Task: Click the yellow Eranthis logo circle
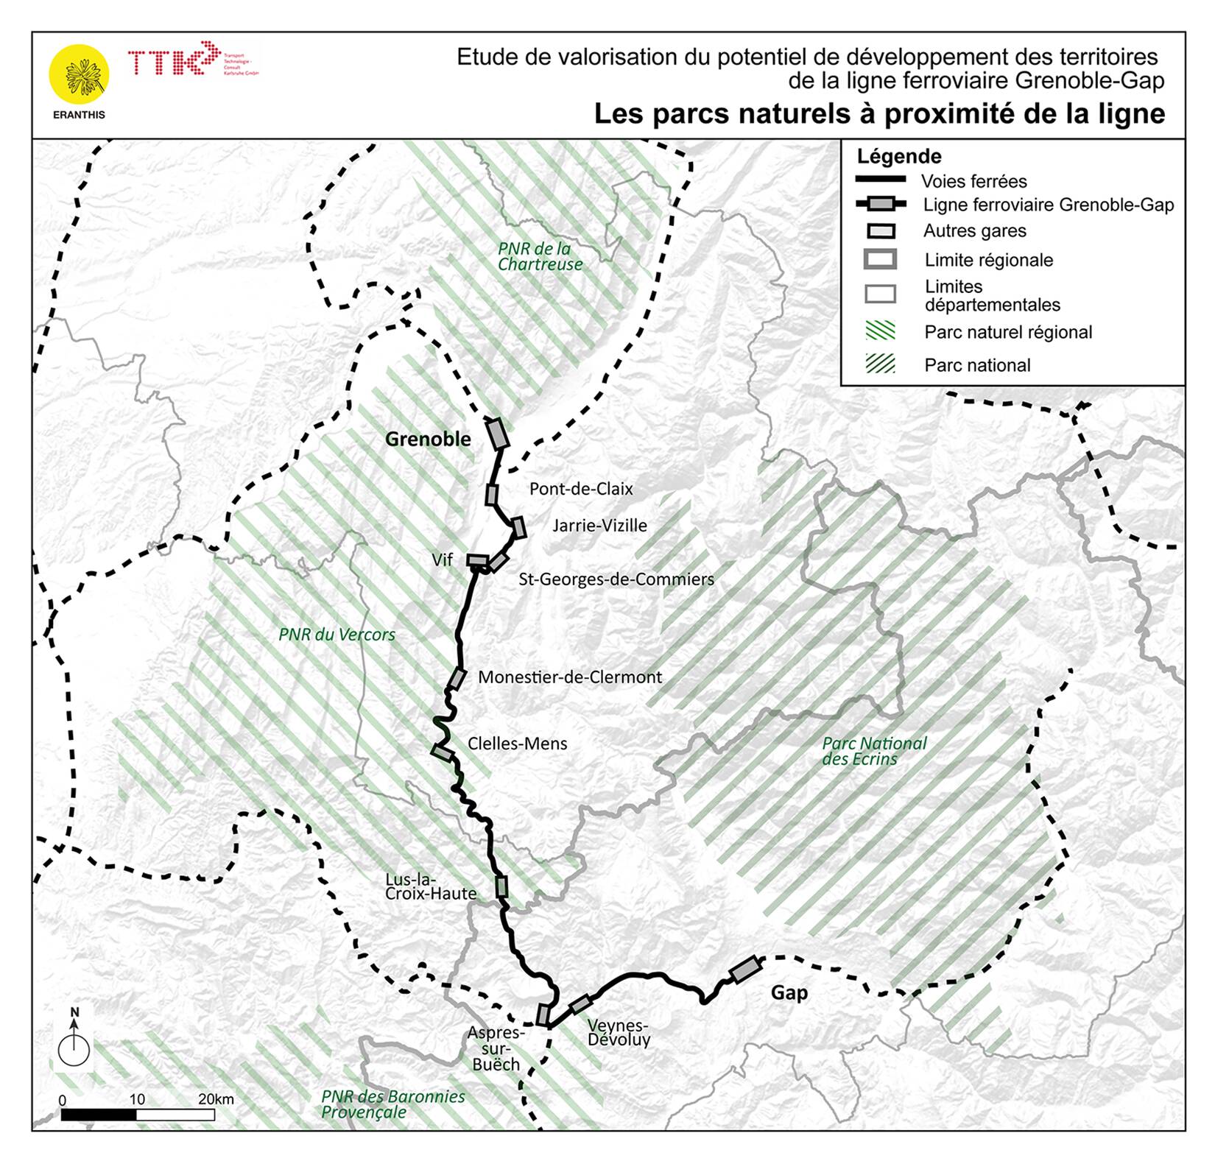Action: (x=79, y=74)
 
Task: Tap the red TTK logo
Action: (x=174, y=60)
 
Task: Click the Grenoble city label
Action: (x=428, y=440)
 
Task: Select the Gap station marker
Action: (x=745, y=970)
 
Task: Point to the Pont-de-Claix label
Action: (x=581, y=489)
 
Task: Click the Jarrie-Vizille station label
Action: (x=599, y=526)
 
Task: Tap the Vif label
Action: (x=442, y=560)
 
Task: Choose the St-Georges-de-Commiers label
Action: (x=616, y=579)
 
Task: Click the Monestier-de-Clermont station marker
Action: (x=457, y=678)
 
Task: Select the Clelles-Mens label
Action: (x=517, y=744)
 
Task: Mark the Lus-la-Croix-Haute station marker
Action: (x=501, y=886)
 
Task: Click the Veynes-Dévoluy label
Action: (x=619, y=1032)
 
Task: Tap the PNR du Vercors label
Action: (x=337, y=635)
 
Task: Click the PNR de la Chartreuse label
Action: (x=539, y=257)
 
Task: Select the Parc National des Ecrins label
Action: (x=873, y=751)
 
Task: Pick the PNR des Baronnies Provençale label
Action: (x=392, y=1104)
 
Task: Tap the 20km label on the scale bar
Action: (x=216, y=1099)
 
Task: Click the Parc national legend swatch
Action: (x=880, y=364)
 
